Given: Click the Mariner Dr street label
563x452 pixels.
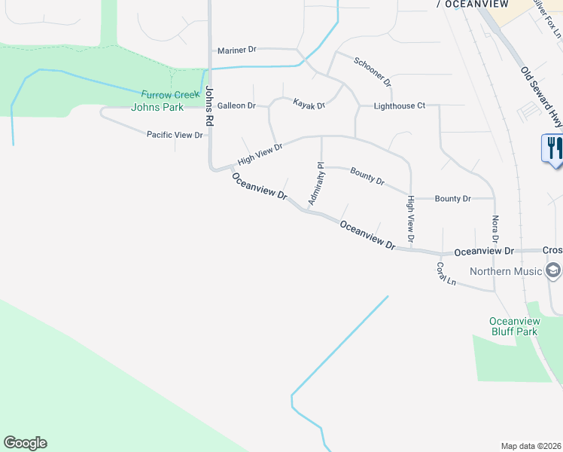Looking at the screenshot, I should pos(236,50).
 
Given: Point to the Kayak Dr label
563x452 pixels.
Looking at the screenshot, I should pos(309,105).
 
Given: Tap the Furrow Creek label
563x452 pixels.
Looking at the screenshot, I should pos(171,94).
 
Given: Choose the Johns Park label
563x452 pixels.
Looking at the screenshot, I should pos(157,107).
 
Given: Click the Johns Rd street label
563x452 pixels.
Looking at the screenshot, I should pos(208,105).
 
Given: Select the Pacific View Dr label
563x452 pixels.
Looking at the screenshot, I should pos(175,135).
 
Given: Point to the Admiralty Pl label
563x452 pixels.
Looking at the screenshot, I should pos(315,183).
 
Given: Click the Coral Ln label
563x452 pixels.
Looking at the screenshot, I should pos(446,273).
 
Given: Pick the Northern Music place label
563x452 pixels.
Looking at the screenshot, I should pos(506,271).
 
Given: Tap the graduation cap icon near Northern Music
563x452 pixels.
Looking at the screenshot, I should pos(553,270).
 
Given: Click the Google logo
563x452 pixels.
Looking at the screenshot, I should pos(25,443).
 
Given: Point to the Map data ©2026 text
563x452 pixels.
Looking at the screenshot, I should pos(531,446).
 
